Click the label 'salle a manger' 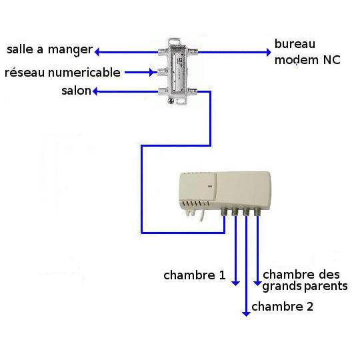coord(50,49)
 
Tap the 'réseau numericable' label coord(63,73)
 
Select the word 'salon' coord(76,91)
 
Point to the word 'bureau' coord(295,44)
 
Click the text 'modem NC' coord(307,60)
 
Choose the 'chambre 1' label coord(195,275)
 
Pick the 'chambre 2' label coord(283,307)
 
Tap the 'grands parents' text coord(305,287)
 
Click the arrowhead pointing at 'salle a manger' coord(97,52)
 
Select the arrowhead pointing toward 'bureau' coord(269,52)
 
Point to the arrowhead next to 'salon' coord(95,91)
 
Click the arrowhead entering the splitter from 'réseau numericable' coord(151,72)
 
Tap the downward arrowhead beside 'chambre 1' coord(235,283)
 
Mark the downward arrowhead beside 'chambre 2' coord(246,314)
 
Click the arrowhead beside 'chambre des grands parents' coord(257,283)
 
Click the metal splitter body coord(177,71)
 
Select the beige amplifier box coord(225,193)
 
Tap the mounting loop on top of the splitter coord(175,41)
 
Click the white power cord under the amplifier coord(202,215)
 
